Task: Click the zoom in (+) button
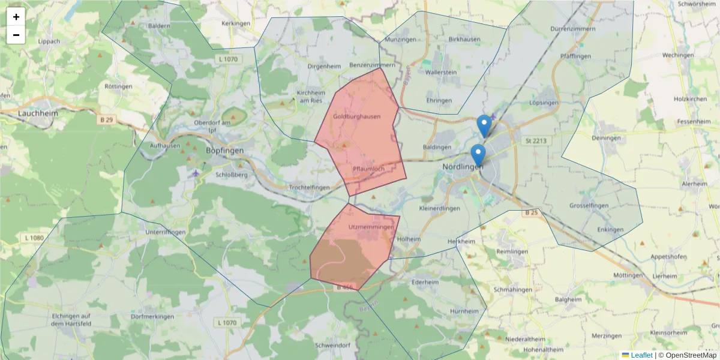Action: coord(16,17)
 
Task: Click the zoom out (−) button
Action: coord(16,35)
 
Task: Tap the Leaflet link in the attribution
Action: coord(641,355)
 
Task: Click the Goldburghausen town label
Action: coord(356,116)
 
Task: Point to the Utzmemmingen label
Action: coord(371,227)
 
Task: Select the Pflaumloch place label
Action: coord(368,169)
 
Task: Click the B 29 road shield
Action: coord(106,120)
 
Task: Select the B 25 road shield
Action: coord(531,213)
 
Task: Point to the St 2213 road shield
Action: coord(536,141)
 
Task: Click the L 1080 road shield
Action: coord(35,238)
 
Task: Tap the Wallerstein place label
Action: coord(440,72)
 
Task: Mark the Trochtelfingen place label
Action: coord(309,188)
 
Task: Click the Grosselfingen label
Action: coord(593,206)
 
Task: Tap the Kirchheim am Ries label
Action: coord(311,97)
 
